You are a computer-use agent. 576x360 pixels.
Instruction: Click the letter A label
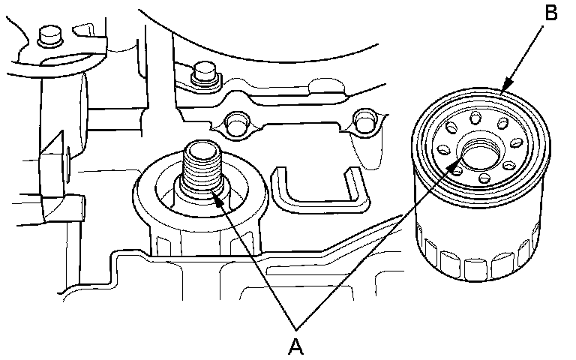[297, 346]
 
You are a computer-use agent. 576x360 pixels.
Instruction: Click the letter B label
[550, 13]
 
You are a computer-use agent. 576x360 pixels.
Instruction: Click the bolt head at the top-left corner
[49, 34]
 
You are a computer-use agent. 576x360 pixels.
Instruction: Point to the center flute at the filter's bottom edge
[475, 266]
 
